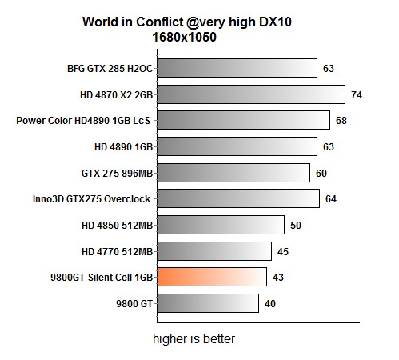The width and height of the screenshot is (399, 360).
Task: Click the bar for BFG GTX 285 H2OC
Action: point(237,68)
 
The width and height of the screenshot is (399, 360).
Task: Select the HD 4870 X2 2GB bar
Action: point(250,94)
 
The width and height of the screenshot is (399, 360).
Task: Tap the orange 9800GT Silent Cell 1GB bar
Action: point(212,277)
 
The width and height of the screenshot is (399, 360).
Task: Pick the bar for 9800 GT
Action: point(208,303)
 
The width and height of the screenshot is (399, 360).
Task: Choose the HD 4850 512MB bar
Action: point(221,225)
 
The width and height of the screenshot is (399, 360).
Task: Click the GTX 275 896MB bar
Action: point(233,173)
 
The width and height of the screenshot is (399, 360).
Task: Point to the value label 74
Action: point(357,94)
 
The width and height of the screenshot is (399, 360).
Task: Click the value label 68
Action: point(341,121)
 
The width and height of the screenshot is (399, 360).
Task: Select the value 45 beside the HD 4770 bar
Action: point(283,252)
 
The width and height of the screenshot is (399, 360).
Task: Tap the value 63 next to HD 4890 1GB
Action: point(328,147)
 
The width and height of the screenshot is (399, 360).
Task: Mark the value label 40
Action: point(270,304)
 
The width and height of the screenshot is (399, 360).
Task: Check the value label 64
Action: point(331,199)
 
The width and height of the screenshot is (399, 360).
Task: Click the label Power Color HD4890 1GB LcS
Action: point(84,121)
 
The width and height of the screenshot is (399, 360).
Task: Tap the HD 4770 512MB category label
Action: point(117,252)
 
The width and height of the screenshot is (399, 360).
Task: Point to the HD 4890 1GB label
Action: point(123,147)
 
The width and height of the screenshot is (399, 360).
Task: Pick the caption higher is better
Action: point(194,339)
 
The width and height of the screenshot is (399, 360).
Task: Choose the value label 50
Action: point(296,226)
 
